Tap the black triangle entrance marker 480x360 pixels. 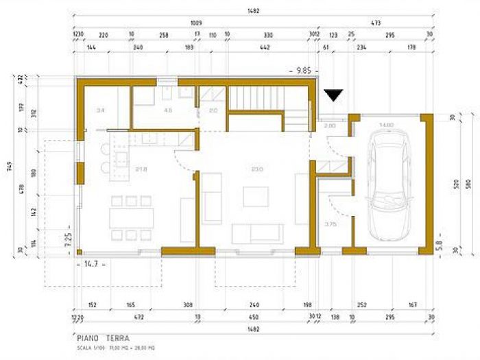[333, 95]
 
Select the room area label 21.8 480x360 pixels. [141, 169]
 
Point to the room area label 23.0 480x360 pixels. [257, 169]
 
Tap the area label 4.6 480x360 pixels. [167, 110]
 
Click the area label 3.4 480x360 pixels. [101, 110]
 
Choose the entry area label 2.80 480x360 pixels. [330, 126]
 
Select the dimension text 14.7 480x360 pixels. [91, 263]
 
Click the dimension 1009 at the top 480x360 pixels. [195, 23]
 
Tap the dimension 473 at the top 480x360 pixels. [375, 23]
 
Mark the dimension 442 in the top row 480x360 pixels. [264, 48]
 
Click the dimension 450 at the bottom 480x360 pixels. [255, 317]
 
